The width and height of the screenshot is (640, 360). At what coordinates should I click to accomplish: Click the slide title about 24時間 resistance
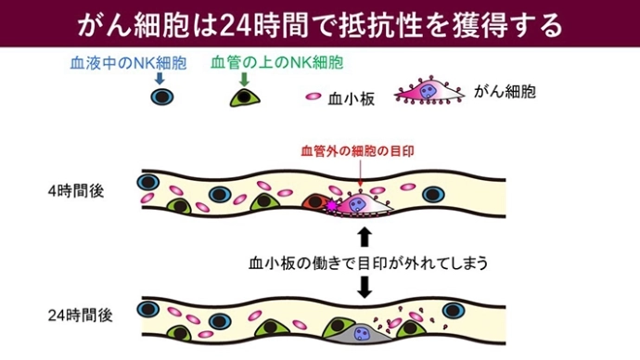tap(320, 23)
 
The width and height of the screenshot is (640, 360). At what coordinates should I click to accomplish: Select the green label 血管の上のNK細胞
tap(276, 63)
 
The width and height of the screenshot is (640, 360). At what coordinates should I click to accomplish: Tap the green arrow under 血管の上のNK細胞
tap(244, 80)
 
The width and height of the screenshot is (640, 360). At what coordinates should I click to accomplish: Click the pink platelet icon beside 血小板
tap(314, 96)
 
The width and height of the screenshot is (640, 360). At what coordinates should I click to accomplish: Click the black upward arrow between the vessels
tap(364, 233)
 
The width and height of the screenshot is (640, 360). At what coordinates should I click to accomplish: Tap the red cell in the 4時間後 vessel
tap(315, 203)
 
